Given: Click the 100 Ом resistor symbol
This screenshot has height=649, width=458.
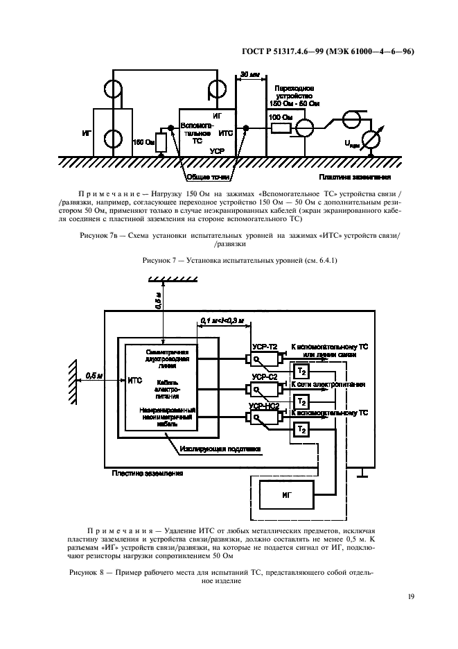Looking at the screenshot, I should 281,128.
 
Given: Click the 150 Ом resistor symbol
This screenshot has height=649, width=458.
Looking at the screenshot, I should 161,142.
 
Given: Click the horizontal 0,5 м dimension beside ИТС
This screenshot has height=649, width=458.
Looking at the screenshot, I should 90,375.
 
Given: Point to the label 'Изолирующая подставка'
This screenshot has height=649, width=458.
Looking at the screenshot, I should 219,449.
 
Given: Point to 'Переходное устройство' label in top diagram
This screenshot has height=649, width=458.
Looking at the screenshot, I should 294,96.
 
